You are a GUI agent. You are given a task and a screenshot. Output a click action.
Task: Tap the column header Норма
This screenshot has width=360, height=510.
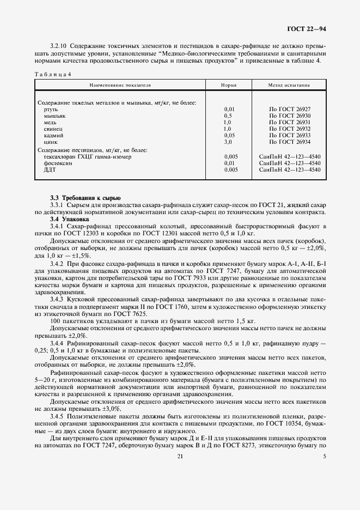pyautogui.click(x=228, y=86)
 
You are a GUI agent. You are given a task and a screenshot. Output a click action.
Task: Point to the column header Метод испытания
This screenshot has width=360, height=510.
pyautogui.click(x=289, y=86)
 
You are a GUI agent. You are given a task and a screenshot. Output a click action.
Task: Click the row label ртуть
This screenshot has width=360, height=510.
pyautogui.click(x=51, y=110)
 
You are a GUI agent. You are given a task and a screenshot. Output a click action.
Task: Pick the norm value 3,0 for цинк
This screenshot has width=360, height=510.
pyautogui.click(x=227, y=141)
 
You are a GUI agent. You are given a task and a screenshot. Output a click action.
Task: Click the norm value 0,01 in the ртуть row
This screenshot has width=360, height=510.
pyautogui.click(x=229, y=110)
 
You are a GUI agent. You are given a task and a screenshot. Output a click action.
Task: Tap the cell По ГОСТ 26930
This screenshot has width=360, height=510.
pyautogui.click(x=289, y=116)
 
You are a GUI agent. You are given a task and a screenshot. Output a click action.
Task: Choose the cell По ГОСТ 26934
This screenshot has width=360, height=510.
pyautogui.click(x=289, y=141)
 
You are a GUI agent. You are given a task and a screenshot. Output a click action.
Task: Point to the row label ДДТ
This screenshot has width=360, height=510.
pyautogui.click(x=50, y=169)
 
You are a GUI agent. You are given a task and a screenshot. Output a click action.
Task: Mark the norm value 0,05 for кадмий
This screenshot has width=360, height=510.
pyautogui.click(x=229, y=135)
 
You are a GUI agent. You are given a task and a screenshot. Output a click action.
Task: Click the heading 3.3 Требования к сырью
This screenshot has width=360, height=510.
pyautogui.click(x=85, y=197)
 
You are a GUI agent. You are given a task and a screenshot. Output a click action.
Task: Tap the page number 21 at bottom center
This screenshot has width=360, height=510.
pyautogui.click(x=180, y=457)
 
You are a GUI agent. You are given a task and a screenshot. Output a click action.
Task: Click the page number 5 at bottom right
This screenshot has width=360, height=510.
pyautogui.click(x=324, y=457)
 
